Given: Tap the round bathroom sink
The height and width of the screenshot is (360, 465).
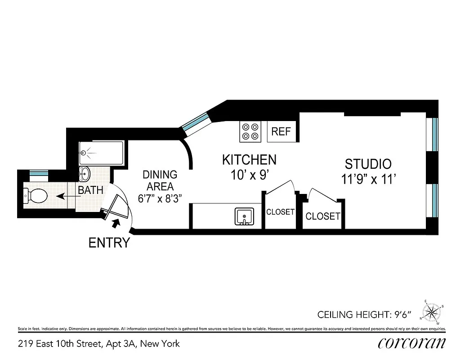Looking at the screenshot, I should pyautogui.click(x=85, y=173).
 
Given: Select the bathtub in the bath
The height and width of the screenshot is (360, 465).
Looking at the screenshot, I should pyautogui.click(x=101, y=153).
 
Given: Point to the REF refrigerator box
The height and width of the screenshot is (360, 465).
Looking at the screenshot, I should pyautogui.click(x=282, y=132).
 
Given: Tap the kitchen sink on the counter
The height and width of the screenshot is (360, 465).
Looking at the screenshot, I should pyautogui.click(x=245, y=217).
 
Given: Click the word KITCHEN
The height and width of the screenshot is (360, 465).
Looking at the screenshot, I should pyautogui.click(x=249, y=159).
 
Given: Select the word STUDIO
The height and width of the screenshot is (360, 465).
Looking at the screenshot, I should pyautogui.click(x=368, y=164).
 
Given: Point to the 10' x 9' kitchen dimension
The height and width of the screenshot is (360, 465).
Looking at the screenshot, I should pyautogui.click(x=249, y=175).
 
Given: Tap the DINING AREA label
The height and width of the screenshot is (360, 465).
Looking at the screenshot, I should pyautogui.click(x=160, y=180).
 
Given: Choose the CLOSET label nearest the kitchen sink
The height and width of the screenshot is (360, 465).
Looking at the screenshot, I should pyautogui.click(x=280, y=212).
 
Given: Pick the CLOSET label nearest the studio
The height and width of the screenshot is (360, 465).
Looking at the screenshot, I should pyautogui.click(x=322, y=216).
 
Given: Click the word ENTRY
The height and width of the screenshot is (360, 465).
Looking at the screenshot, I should pyautogui.click(x=109, y=243).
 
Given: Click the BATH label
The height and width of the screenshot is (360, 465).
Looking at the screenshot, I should pyautogui.click(x=90, y=190).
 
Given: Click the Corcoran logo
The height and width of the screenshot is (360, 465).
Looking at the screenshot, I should pyautogui.click(x=411, y=343).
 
